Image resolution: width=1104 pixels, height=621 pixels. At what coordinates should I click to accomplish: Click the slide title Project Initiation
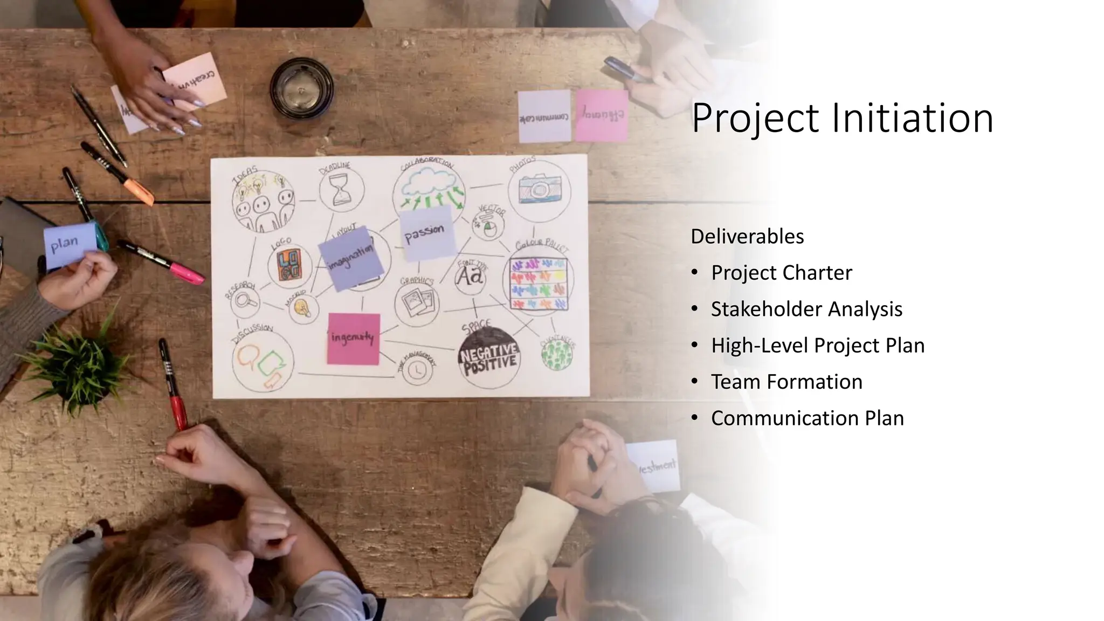(842, 119)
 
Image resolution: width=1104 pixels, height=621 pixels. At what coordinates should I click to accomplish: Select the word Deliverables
(747, 237)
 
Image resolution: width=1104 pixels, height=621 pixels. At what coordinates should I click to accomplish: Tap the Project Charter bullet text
(781, 273)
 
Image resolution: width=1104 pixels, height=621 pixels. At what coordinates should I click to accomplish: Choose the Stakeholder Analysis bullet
(806, 309)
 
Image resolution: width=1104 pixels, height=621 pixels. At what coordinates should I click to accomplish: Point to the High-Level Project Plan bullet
(817, 346)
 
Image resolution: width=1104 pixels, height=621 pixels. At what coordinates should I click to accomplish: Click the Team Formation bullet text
(786, 382)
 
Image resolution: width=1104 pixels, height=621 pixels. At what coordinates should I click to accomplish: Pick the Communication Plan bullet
(807, 418)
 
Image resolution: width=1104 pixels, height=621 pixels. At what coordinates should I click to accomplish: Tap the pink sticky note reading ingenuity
(353, 339)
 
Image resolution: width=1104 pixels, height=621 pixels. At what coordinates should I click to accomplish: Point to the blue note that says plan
(69, 245)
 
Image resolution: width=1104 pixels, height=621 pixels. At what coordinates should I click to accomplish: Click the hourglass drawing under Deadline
(341, 189)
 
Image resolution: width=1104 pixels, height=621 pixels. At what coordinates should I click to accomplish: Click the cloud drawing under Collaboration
(429, 182)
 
